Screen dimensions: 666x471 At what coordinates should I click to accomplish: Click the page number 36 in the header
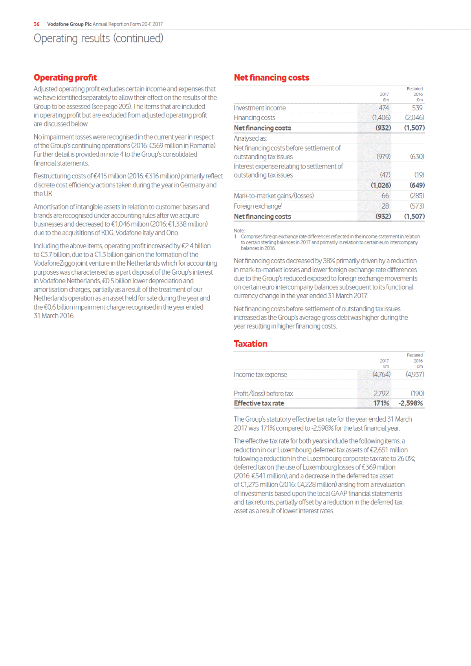coord(37,24)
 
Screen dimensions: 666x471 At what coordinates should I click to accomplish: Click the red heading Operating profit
coord(65,77)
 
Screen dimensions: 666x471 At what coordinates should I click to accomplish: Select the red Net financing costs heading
coord(271,77)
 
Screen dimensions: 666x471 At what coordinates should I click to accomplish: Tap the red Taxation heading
coord(250,344)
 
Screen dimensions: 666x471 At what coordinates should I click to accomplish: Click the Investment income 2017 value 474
coord(384,108)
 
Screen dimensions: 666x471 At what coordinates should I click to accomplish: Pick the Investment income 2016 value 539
coord(417,108)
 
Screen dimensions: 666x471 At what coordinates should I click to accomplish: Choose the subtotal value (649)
coord(417,185)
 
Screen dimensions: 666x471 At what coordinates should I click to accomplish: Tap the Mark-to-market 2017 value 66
coord(385,196)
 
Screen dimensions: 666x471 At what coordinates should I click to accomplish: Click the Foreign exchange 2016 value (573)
coord(417,206)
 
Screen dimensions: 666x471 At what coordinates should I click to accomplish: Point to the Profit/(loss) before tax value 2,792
coord(381,393)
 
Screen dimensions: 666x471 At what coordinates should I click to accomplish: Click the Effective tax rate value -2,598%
coord(411,403)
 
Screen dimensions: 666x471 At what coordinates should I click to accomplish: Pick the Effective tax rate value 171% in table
coord(381,403)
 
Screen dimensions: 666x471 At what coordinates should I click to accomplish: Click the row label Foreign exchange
coord(258,206)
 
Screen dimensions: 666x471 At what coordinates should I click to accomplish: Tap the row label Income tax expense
coord(260,374)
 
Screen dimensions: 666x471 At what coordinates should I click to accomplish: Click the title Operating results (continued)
coord(98,39)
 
